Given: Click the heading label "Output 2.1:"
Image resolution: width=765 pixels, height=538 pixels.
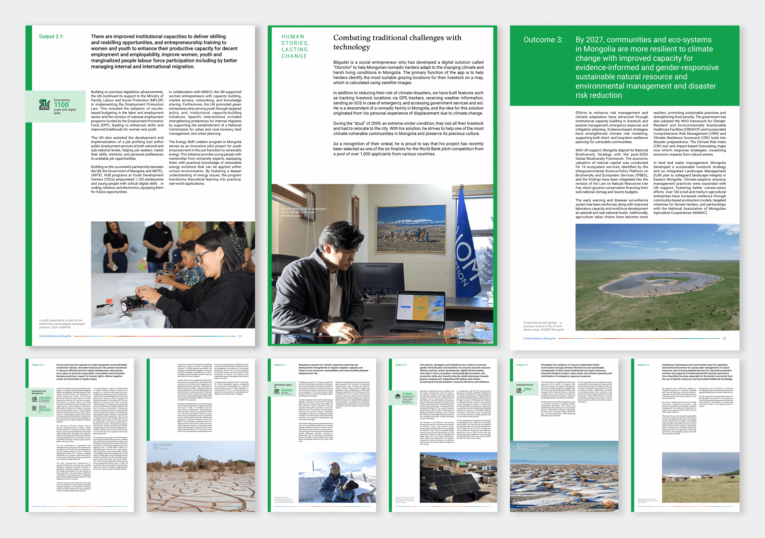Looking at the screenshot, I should tap(52, 37).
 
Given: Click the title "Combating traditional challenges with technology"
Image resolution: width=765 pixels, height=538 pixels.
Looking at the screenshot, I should tap(397, 42).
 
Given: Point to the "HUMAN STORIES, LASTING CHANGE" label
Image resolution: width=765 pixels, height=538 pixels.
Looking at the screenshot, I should tap(295, 46).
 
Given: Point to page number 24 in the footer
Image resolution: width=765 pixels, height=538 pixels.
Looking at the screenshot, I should tap(239, 336).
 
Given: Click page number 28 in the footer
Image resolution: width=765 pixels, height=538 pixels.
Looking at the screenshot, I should tap(724, 338).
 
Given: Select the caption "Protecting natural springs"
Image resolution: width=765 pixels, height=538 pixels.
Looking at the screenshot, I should tap(543, 326).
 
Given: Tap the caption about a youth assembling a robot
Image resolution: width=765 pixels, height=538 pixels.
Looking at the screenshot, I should tap(62, 324).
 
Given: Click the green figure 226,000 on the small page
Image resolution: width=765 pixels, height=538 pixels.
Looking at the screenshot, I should tap(45, 398).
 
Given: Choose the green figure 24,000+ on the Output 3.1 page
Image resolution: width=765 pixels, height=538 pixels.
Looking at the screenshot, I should tap(287, 390).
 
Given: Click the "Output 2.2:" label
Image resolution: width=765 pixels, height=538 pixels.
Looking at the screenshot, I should tap(401, 365).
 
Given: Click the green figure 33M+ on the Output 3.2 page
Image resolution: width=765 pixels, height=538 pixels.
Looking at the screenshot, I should tap(527, 389).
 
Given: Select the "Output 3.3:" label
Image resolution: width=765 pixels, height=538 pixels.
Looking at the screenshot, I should tap(643, 365).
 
